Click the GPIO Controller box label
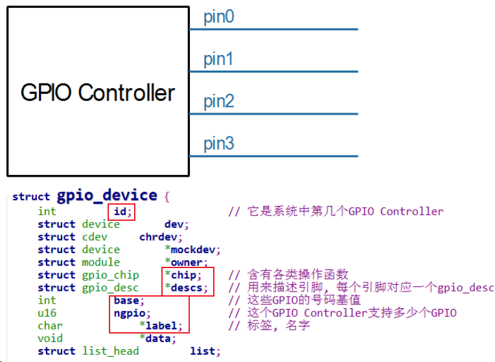pyautogui.click(x=98, y=93)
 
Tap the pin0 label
pyautogui.click(x=218, y=17)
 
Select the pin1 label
pyautogui.click(x=218, y=60)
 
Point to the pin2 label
pyautogui.click(x=218, y=102)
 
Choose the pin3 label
pyautogui.click(x=218, y=144)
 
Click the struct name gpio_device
pyautogui.click(x=107, y=196)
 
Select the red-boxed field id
pyautogui.click(x=121, y=211)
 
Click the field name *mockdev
pyautogui.click(x=192, y=249)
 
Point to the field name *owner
pyautogui.click(x=186, y=262)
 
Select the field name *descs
pyautogui.click(x=186, y=288)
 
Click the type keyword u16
pyautogui.click(x=47, y=313)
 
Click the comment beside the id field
pyautogui.click(x=336, y=211)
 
